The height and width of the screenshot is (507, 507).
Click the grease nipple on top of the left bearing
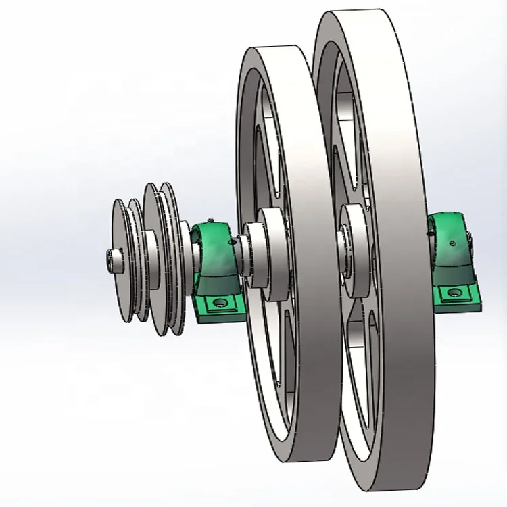211,221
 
